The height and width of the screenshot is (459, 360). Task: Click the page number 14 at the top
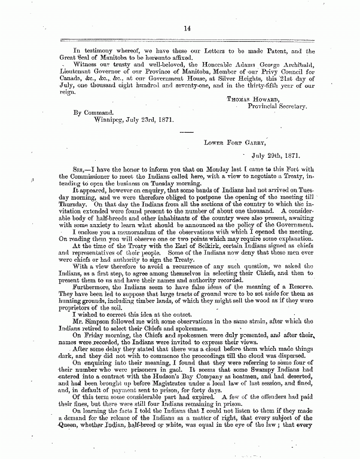187,27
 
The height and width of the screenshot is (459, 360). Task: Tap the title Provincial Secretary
277,106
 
